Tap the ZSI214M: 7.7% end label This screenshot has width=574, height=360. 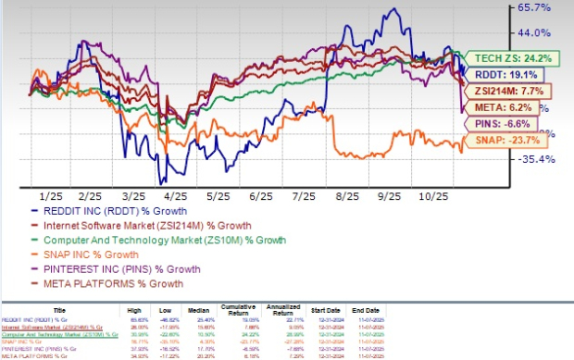[505, 91]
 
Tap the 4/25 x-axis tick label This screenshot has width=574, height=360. [176, 197]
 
